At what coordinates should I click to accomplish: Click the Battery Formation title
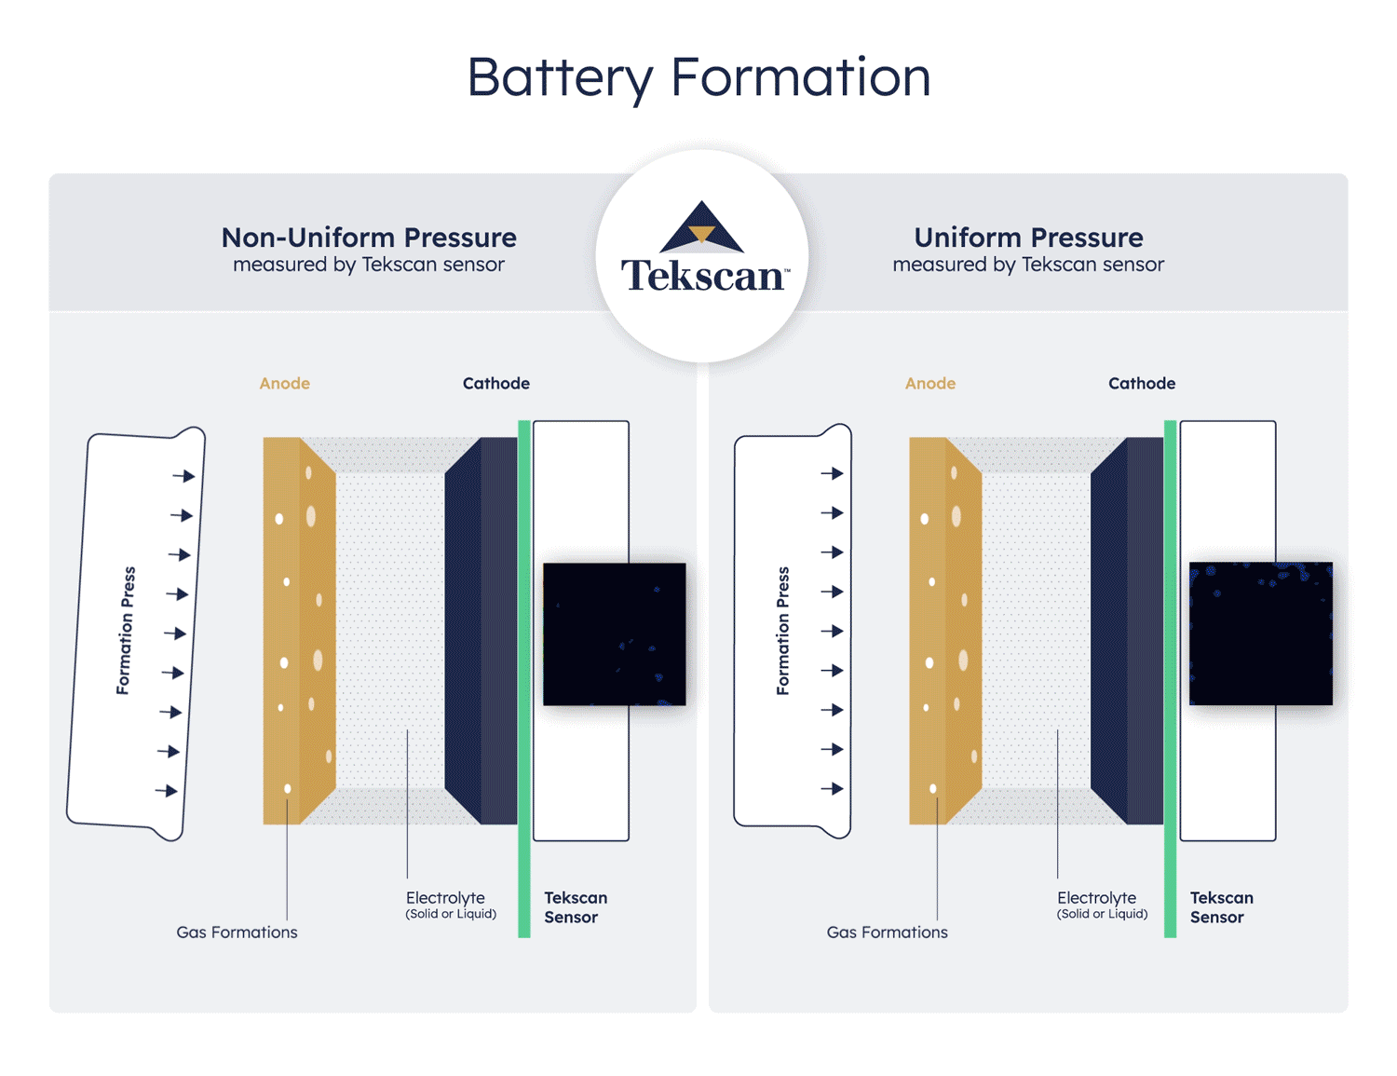698,76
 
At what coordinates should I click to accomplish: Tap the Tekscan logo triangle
701,228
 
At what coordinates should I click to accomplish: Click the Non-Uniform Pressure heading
369,238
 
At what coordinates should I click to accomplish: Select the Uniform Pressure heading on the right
1028,238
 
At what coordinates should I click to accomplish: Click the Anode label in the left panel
284,383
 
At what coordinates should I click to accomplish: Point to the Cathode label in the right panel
1142,383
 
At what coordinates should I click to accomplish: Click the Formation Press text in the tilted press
126,631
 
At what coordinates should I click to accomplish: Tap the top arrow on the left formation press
183,476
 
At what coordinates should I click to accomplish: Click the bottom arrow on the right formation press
832,789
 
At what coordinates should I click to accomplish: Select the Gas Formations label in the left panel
237,933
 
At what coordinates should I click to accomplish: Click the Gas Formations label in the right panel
887,933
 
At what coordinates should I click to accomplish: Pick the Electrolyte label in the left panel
445,898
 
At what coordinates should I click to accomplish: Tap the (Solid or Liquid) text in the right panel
1102,915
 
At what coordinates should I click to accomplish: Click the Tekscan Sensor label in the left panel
575,907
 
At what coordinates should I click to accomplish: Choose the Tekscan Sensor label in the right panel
1221,907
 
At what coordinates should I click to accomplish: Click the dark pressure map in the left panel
614,633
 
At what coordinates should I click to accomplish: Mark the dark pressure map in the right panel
1260,633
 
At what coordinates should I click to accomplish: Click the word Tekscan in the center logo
704,277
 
